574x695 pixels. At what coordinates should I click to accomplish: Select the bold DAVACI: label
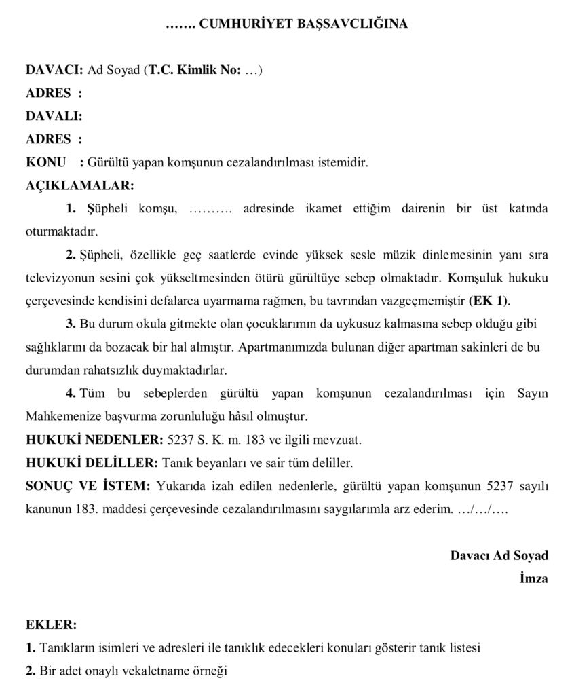tap(54, 70)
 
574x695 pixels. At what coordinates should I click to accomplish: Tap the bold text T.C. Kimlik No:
tap(195, 70)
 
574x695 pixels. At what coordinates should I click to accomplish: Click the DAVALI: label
tap(54, 116)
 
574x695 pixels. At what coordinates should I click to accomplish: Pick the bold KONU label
tap(45, 162)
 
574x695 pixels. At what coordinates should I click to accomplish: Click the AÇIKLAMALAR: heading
tap(80, 185)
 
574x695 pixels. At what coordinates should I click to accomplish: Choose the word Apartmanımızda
tap(278, 347)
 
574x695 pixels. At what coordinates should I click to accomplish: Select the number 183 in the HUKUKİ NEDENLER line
tap(255, 439)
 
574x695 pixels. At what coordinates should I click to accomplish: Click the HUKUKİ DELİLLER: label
tap(92, 462)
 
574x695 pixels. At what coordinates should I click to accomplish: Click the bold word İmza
tap(533, 578)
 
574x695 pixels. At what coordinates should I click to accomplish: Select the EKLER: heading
tap(52, 624)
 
